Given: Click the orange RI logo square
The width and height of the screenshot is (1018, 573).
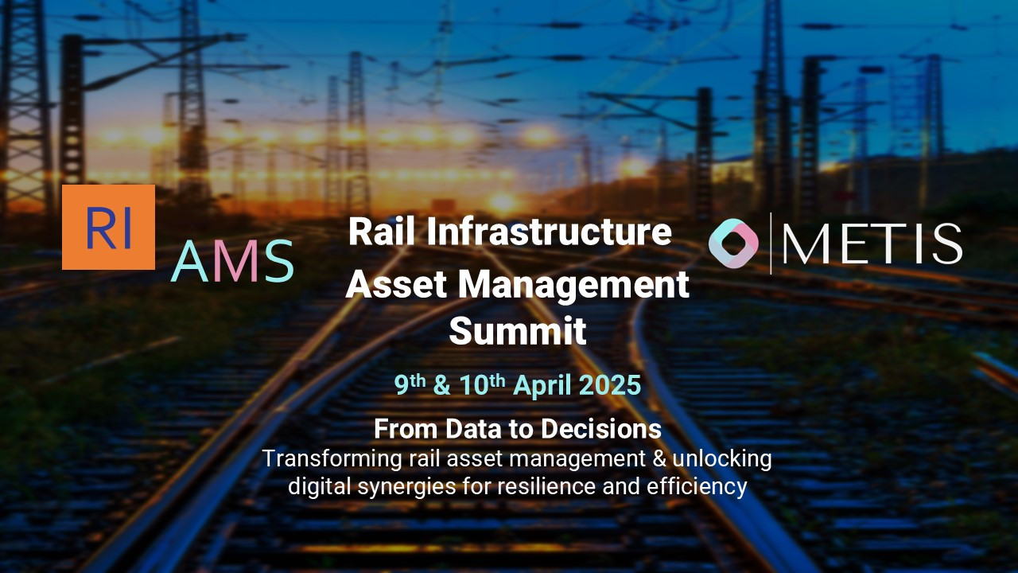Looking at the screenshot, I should pos(108,227).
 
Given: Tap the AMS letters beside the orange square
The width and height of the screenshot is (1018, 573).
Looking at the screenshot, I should pos(232,261).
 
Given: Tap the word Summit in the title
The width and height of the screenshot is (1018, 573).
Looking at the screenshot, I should pos(517,331).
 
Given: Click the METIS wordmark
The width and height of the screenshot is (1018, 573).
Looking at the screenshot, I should pos(872,244).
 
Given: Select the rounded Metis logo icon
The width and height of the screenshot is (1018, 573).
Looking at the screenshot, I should pos(733,244).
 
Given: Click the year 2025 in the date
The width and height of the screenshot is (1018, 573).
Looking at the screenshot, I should pos(610,385).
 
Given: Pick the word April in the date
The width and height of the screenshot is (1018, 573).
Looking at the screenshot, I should pos(542,385).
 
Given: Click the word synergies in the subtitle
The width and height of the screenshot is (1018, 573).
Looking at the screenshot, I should pos(403,485).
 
